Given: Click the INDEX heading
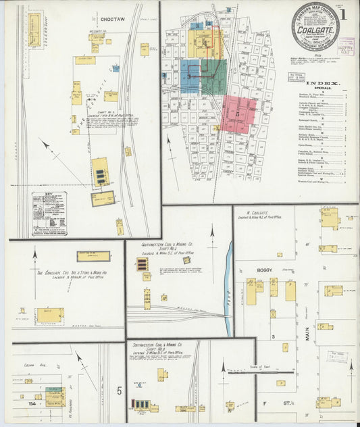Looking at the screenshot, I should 324,84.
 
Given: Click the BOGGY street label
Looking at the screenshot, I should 265,270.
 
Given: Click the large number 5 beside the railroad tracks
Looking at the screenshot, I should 120,390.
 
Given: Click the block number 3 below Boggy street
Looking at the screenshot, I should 272,336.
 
